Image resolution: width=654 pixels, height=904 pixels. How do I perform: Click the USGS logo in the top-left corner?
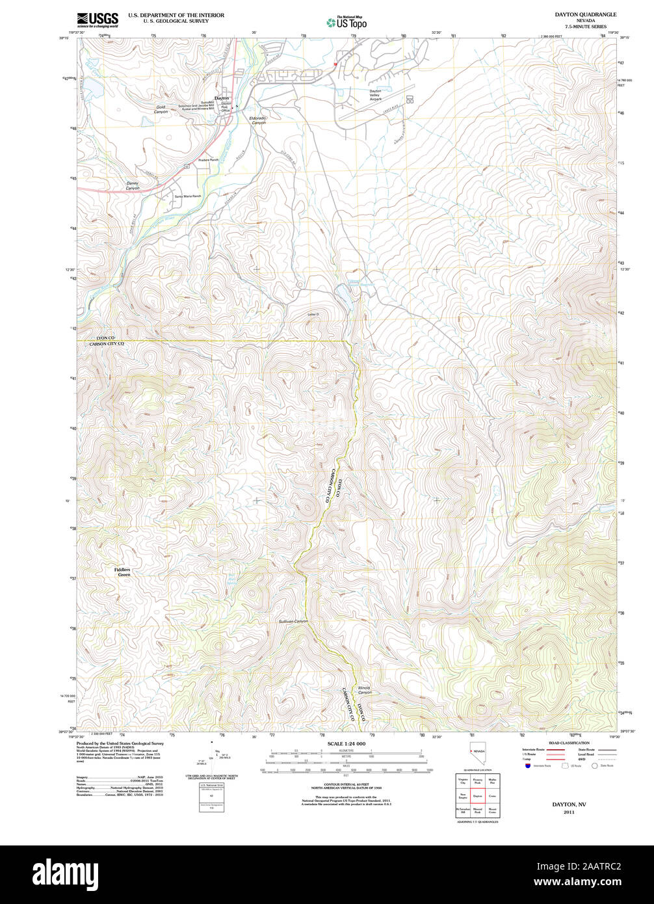point(98,20)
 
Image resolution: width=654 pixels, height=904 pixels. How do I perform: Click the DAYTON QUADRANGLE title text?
point(576,14)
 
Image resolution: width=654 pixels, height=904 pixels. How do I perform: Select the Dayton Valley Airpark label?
point(375,95)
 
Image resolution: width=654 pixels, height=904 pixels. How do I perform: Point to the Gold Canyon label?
point(161,109)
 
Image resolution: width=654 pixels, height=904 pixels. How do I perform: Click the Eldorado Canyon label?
point(258,120)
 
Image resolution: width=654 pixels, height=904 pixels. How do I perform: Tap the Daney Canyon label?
point(133,186)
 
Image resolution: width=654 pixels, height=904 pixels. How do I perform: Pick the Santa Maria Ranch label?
point(188,196)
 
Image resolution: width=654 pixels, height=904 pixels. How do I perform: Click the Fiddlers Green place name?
point(124,572)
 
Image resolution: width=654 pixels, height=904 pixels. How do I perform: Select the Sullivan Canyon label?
point(293,622)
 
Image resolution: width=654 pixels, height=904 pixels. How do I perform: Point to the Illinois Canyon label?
point(365,690)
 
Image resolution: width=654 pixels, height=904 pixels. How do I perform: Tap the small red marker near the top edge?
point(335,64)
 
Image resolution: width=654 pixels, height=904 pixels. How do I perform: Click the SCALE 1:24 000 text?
point(346,743)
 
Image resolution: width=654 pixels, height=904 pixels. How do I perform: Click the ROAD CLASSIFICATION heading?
point(569,743)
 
